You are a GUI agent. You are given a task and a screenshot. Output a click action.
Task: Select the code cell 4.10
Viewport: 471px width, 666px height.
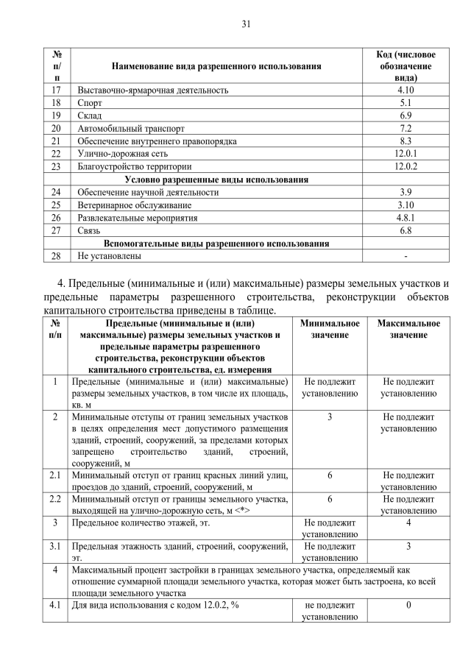point(406,90)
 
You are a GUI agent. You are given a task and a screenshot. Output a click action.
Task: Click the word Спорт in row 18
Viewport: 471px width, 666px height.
point(90,103)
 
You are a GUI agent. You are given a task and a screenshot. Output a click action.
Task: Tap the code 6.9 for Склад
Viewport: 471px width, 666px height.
point(406,116)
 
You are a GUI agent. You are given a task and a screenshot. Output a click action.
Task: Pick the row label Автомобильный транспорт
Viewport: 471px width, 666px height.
point(126,128)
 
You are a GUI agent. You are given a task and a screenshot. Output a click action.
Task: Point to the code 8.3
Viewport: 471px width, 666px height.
point(406,141)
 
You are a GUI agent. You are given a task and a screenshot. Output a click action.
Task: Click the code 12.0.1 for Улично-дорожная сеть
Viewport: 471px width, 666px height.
point(406,153)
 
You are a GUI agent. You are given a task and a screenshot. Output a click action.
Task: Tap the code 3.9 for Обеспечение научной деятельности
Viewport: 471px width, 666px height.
point(406,192)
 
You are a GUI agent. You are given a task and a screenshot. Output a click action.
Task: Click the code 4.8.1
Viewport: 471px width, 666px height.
point(406,218)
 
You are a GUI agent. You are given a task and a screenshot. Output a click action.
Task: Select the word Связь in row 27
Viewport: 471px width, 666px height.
point(90,230)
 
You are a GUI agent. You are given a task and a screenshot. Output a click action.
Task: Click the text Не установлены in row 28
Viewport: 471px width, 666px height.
point(110,256)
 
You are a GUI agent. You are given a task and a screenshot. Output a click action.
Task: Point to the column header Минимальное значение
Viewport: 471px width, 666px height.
point(330,329)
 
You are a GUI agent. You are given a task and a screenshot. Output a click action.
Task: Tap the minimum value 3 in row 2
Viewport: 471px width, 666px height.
point(330,417)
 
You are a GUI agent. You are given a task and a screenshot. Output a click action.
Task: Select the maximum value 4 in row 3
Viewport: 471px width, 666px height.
point(408,522)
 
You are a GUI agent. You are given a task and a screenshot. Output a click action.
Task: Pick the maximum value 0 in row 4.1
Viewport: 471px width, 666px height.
point(408,605)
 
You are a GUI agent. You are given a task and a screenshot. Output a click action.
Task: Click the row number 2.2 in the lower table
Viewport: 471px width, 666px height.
point(56,500)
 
